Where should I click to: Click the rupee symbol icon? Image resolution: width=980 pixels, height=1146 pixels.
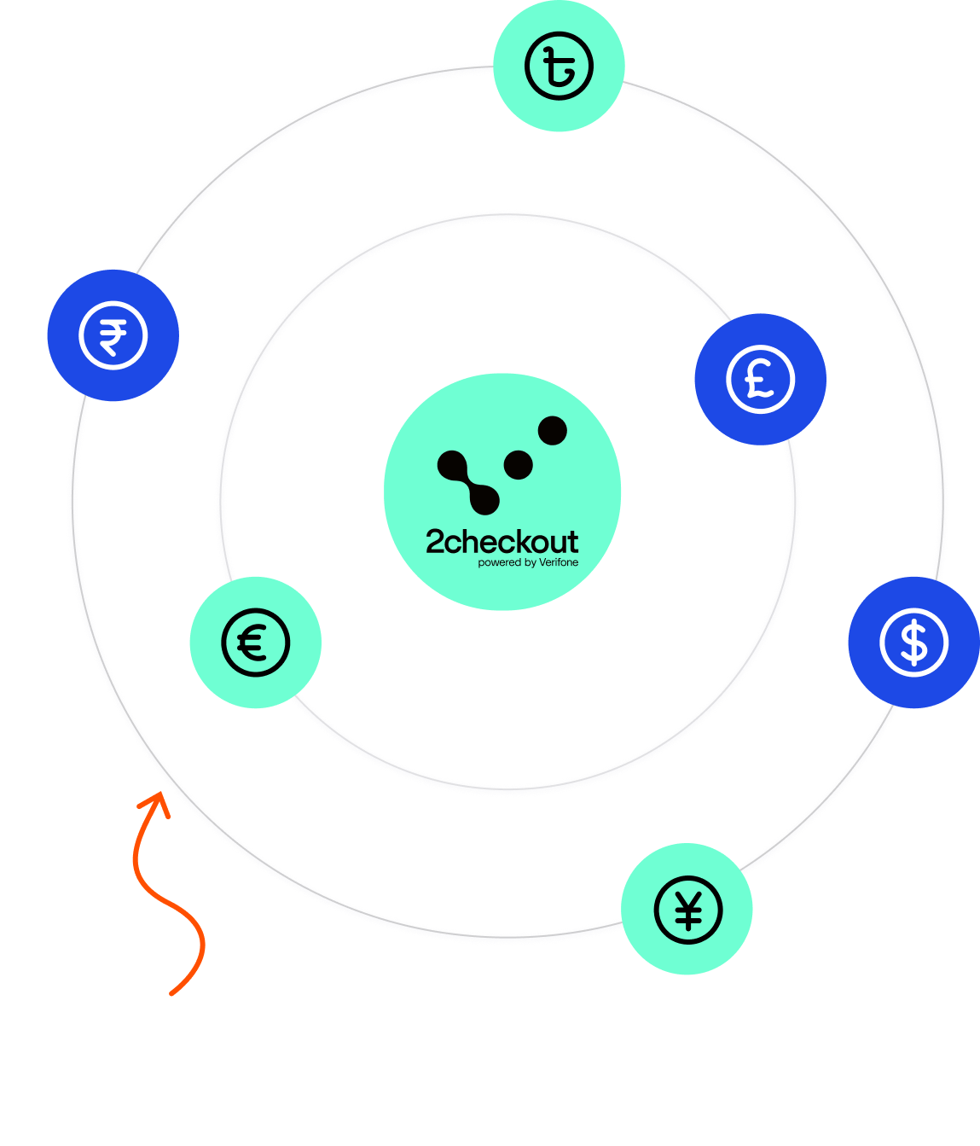[x=113, y=336]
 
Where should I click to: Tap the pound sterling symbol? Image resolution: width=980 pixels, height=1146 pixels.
[x=760, y=380]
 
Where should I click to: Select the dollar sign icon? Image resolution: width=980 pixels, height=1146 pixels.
[x=913, y=643]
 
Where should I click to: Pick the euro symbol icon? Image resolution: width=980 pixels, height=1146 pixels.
[x=255, y=643]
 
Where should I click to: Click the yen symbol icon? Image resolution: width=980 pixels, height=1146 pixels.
[x=687, y=910]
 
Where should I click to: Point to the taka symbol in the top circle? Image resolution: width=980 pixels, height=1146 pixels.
[x=559, y=67]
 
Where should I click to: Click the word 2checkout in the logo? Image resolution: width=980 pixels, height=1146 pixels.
[x=502, y=542]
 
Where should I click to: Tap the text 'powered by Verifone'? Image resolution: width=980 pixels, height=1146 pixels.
[x=528, y=563]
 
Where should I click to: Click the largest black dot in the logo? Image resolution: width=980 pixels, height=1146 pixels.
[x=552, y=430]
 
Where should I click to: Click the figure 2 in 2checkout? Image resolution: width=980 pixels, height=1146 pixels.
[x=434, y=542]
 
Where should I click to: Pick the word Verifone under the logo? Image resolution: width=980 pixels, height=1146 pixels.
[x=559, y=563]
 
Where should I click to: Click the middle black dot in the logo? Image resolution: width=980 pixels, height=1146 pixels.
[x=518, y=466]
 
